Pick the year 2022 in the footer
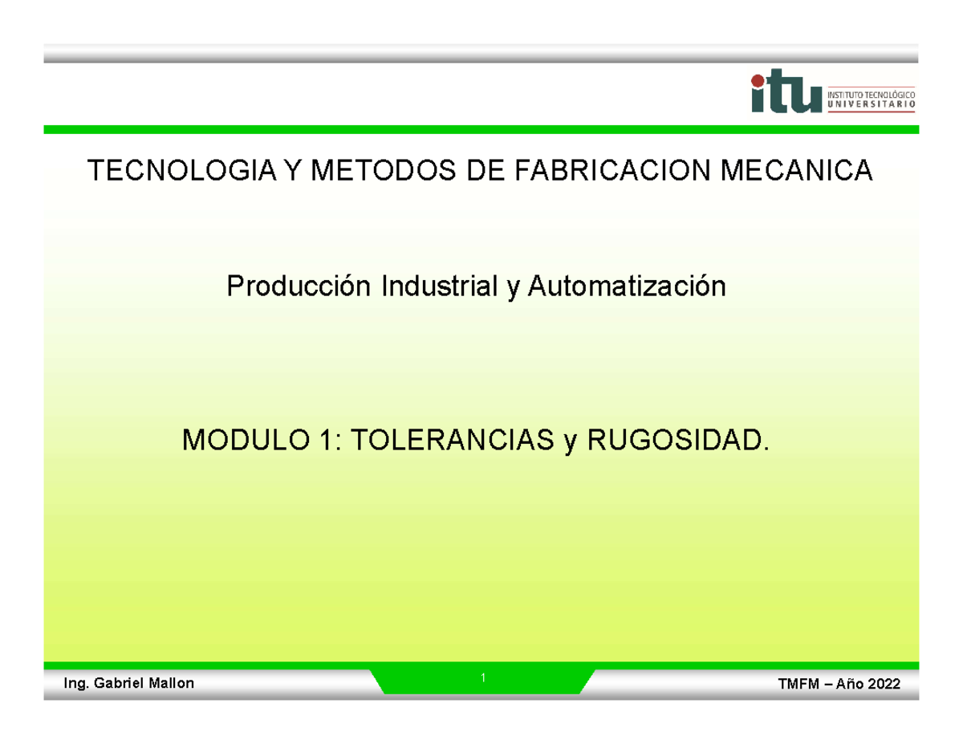881,684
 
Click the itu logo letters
786,93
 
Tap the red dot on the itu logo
758,79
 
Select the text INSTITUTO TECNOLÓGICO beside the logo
870,93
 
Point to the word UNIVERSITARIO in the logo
870,104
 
